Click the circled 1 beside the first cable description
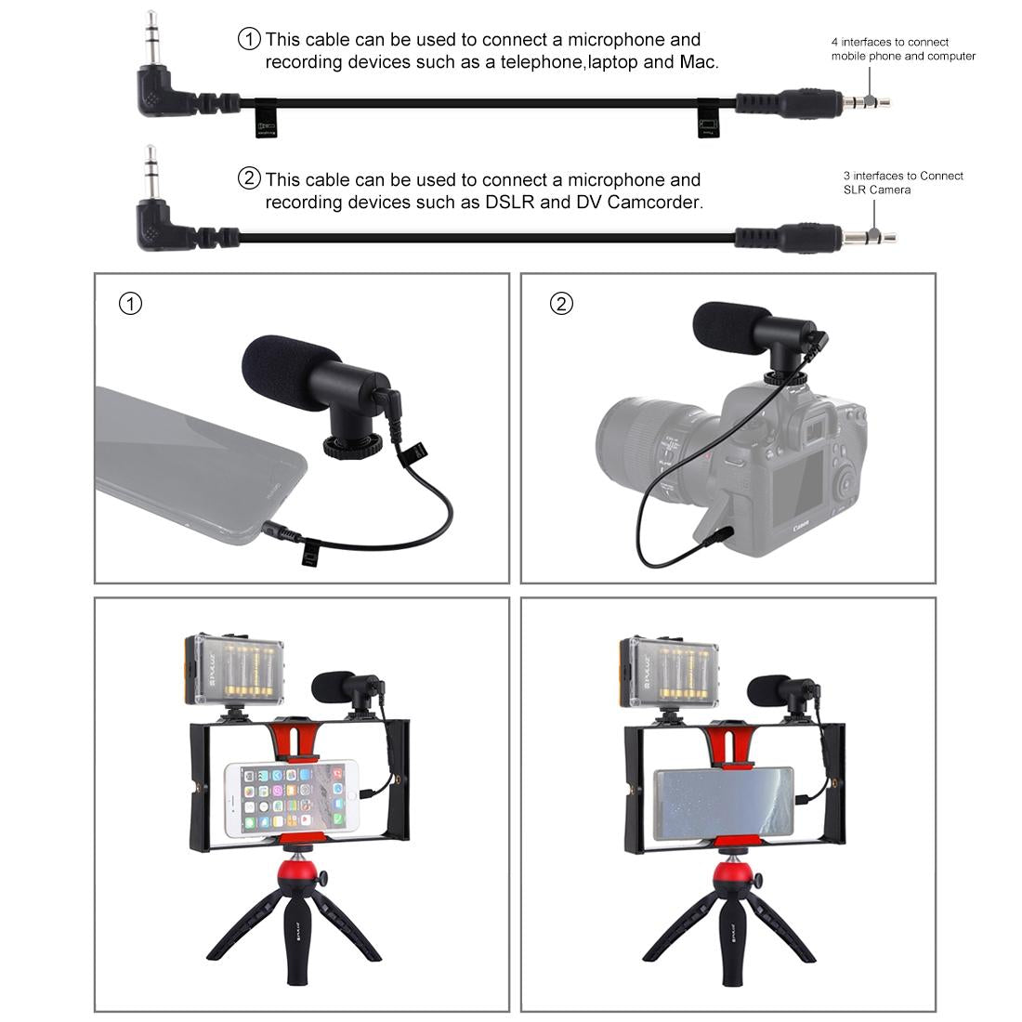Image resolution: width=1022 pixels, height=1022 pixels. point(250,39)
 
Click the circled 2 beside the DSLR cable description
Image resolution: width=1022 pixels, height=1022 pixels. point(250,178)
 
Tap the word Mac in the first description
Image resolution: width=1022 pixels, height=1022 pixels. point(699,62)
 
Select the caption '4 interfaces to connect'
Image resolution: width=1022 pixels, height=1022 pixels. point(889,42)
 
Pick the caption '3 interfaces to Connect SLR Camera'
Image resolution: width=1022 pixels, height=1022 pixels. point(903,182)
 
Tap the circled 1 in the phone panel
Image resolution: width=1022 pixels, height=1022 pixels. point(131,304)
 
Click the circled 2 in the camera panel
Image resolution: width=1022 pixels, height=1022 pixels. point(561,304)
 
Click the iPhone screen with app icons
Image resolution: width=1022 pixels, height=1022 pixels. point(291,798)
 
